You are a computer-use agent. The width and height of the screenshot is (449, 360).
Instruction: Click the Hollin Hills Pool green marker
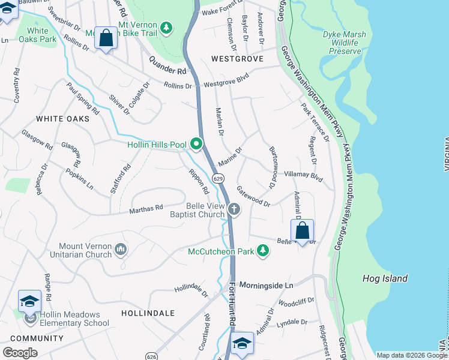click(x=196, y=144)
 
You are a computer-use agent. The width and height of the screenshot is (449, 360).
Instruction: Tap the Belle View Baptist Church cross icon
click(x=234, y=209)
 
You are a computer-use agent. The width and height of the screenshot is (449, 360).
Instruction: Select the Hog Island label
click(x=385, y=278)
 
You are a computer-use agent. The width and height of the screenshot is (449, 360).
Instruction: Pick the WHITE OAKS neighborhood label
click(x=62, y=119)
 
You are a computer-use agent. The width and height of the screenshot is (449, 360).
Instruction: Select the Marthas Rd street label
click(x=146, y=209)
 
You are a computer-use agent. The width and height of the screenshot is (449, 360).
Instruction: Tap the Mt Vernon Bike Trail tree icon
click(x=167, y=28)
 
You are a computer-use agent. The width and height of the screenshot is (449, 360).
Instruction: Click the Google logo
click(x=20, y=352)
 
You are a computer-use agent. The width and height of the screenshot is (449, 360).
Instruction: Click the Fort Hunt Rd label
click(x=232, y=306)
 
